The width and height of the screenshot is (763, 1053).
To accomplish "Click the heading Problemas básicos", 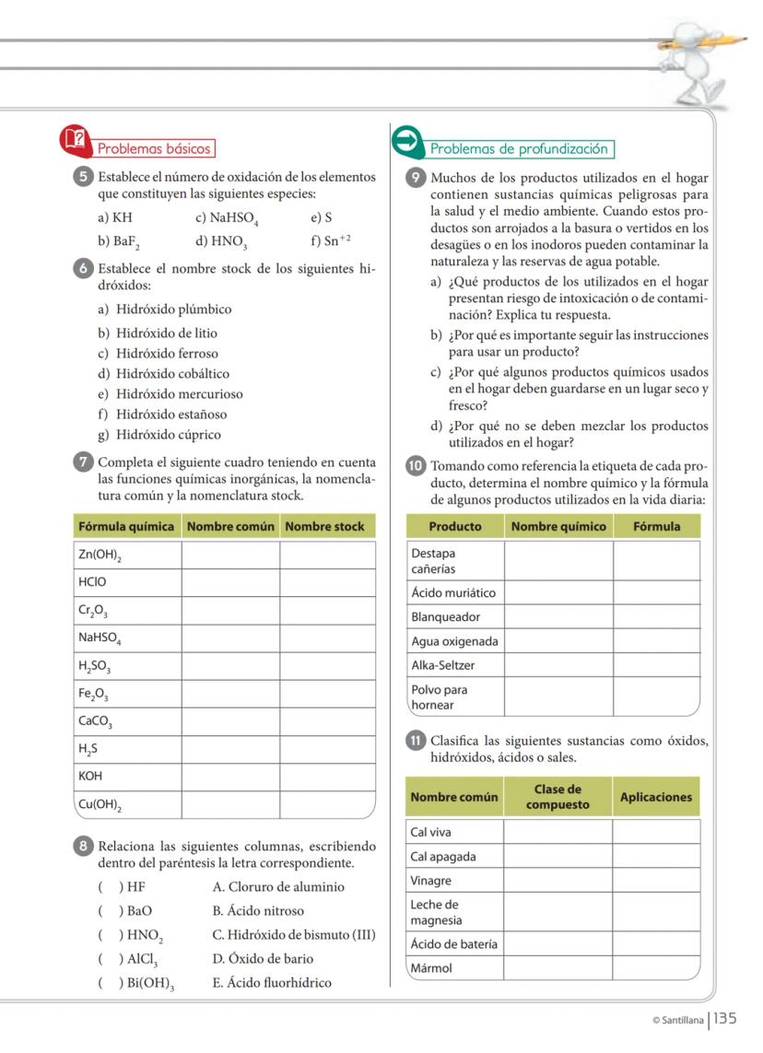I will (154, 148).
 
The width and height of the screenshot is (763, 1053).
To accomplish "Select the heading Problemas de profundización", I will (521, 148).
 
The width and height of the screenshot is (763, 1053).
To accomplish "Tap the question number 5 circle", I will (84, 178).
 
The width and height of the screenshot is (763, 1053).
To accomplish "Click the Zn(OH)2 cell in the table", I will (102, 556).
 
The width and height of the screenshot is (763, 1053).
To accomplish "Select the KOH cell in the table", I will (90, 777).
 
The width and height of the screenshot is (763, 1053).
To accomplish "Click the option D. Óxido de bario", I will (263, 959).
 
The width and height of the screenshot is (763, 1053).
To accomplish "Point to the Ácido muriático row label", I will (453, 593).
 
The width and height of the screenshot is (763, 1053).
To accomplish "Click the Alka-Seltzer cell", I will (443, 665).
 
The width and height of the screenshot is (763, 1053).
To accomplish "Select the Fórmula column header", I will (656, 527).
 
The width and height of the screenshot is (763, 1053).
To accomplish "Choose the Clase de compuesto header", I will (557, 797).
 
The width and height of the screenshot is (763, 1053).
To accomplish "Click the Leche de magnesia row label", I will (436, 912).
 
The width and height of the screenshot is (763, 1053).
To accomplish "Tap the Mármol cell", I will (432, 968).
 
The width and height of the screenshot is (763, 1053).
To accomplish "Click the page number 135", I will (725, 1019).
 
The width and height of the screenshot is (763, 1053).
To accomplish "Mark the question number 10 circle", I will (416, 465).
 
